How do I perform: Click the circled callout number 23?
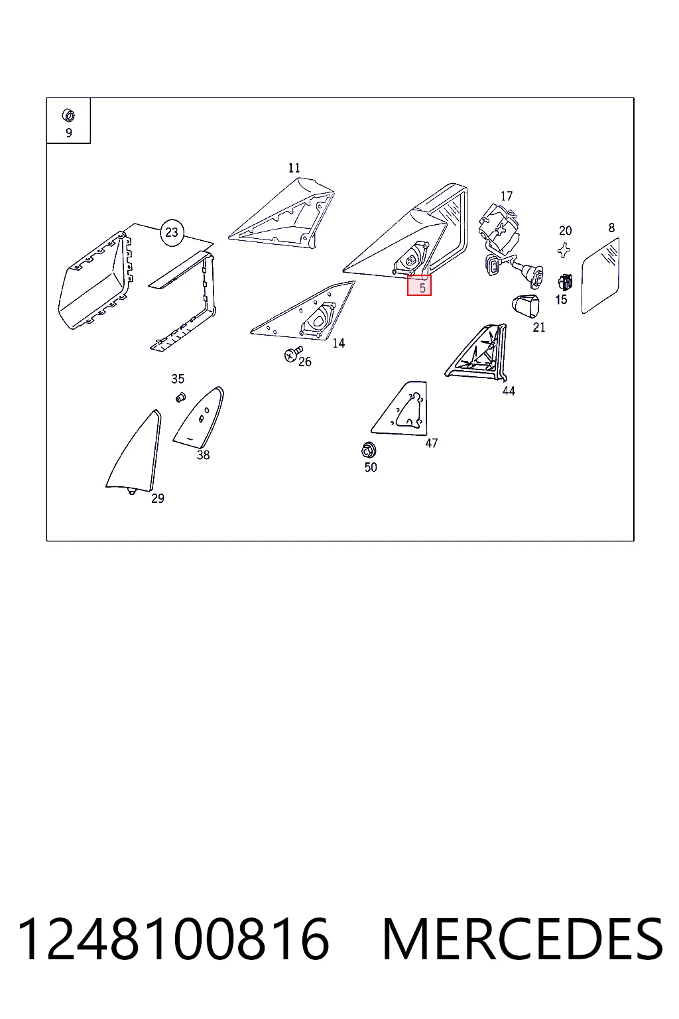coord(172,232)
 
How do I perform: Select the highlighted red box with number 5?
coord(419,285)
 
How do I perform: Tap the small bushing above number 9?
coord(68,115)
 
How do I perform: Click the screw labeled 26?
coord(293,354)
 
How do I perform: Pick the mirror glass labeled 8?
coord(600,276)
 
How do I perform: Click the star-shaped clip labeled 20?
coord(564,249)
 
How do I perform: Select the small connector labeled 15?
coord(564,283)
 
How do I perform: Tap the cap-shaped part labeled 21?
coord(526,305)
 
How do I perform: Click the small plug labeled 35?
coord(180,397)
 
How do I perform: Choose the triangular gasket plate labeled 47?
coord(401,407)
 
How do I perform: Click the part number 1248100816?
coord(172,940)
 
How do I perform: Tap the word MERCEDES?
coord(523,940)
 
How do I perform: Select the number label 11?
coord(294,168)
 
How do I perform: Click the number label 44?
coord(509,391)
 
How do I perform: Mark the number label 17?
coord(506,196)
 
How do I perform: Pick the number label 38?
coord(203,455)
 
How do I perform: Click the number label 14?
coord(338,343)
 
